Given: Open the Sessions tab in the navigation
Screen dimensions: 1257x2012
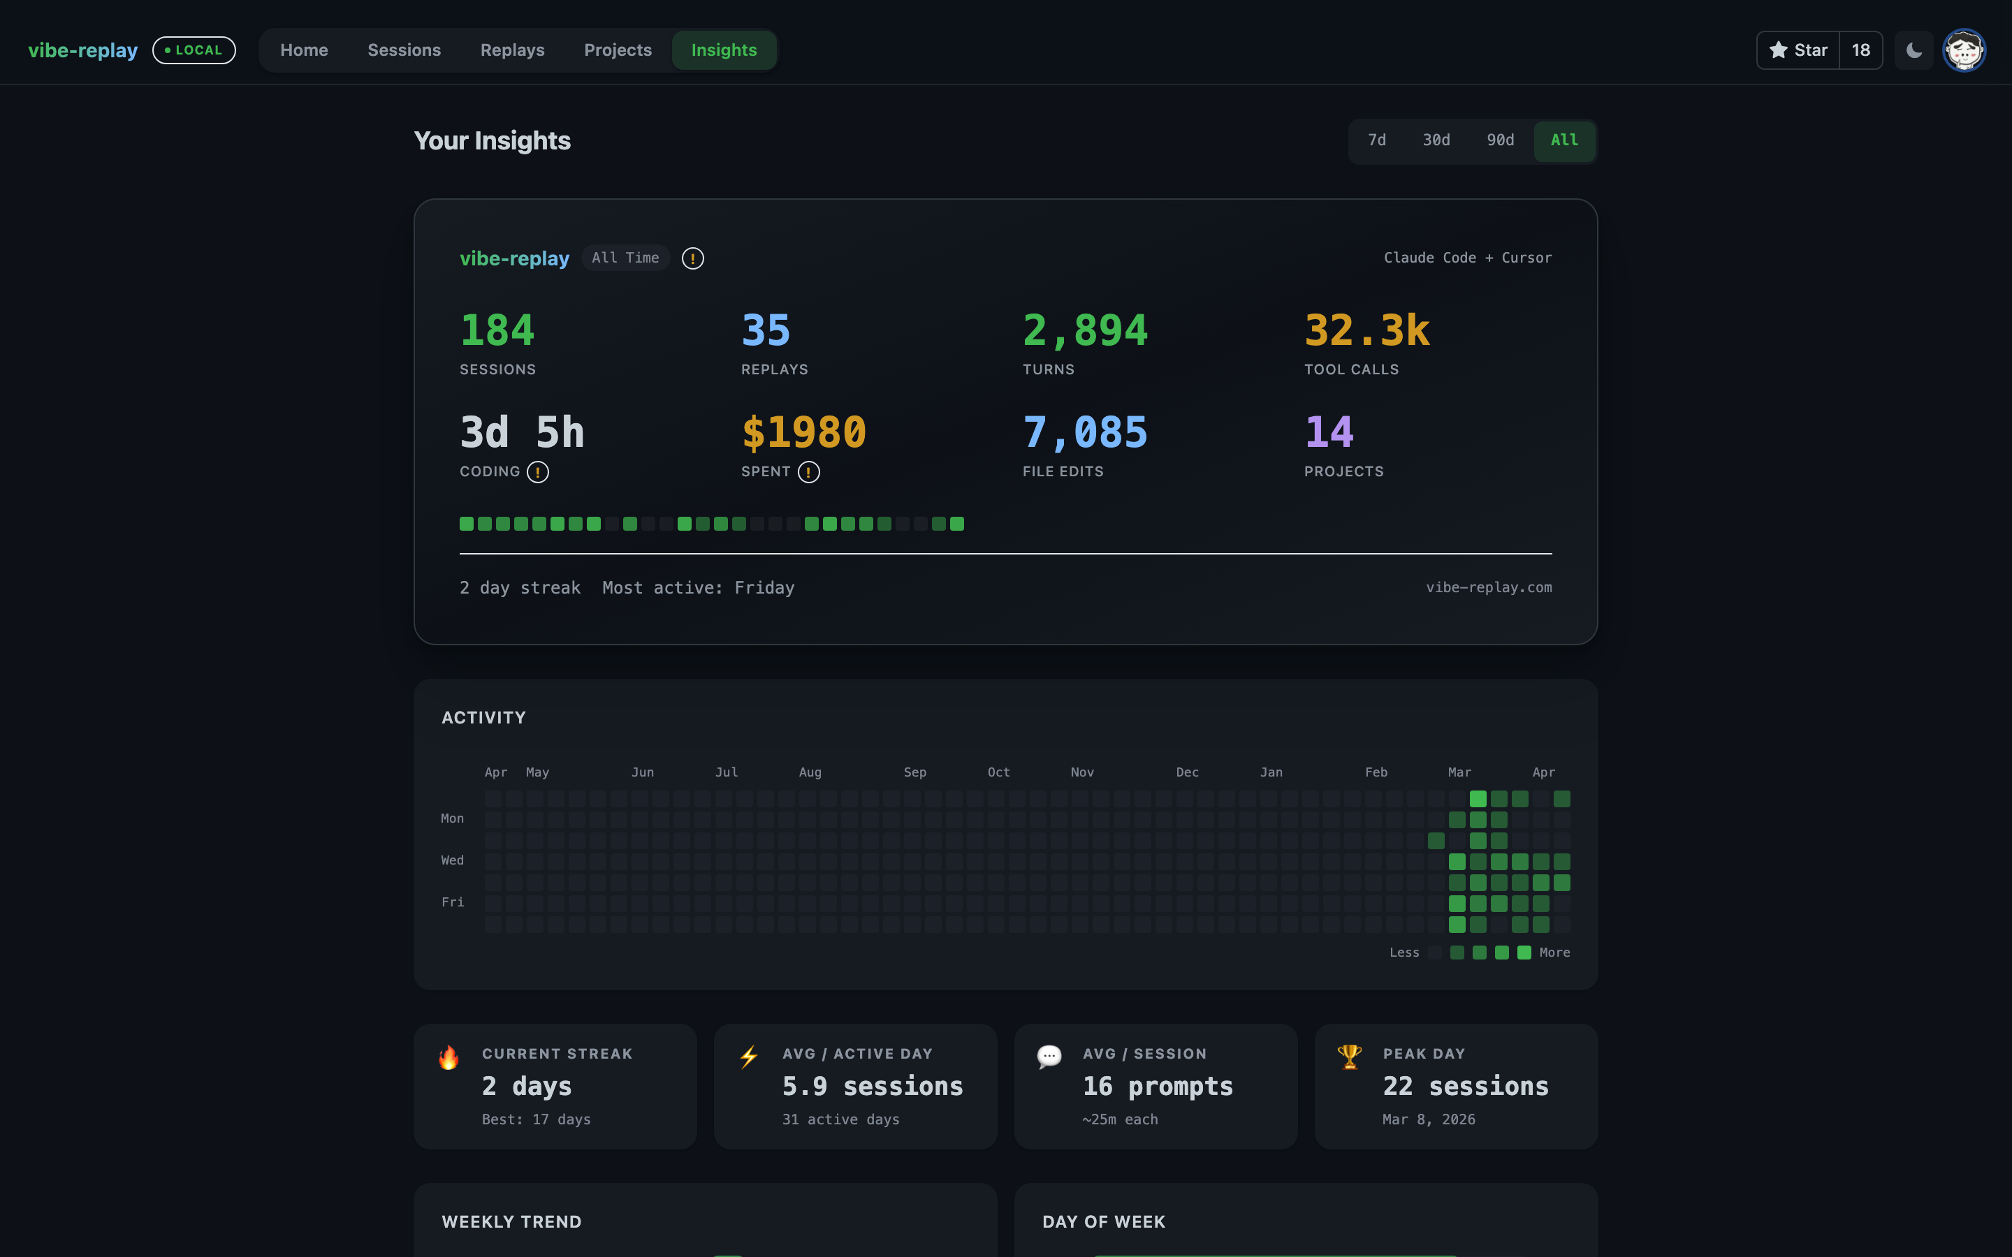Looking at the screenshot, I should click(x=404, y=50).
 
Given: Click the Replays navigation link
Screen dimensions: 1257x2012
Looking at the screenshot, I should click(x=512, y=50).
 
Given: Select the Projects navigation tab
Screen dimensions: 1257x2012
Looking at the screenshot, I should click(x=618, y=50).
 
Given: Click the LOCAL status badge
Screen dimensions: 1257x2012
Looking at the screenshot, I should click(x=194, y=50).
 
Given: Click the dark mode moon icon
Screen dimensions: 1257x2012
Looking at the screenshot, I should click(x=1913, y=50).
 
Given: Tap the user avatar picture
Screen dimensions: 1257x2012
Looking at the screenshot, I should click(x=1964, y=50).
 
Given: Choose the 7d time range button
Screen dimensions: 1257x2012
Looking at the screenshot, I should click(x=1377, y=140).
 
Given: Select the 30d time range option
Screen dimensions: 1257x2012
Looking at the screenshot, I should click(x=1436, y=140).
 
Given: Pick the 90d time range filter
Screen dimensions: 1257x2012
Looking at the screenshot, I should click(x=1500, y=140).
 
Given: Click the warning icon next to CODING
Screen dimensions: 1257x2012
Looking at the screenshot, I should click(x=538, y=472).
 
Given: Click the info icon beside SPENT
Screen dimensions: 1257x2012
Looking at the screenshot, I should click(x=808, y=472).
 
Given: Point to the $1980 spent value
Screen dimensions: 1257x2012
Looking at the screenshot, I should click(x=803, y=432).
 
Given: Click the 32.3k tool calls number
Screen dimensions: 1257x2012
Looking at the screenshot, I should click(x=1366, y=330).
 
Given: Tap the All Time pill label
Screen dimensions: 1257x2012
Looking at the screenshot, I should click(x=625, y=258).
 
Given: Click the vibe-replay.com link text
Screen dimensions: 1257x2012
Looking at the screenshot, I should click(x=1488, y=587).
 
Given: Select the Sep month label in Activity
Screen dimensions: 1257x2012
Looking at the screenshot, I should click(x=914, y=772).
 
